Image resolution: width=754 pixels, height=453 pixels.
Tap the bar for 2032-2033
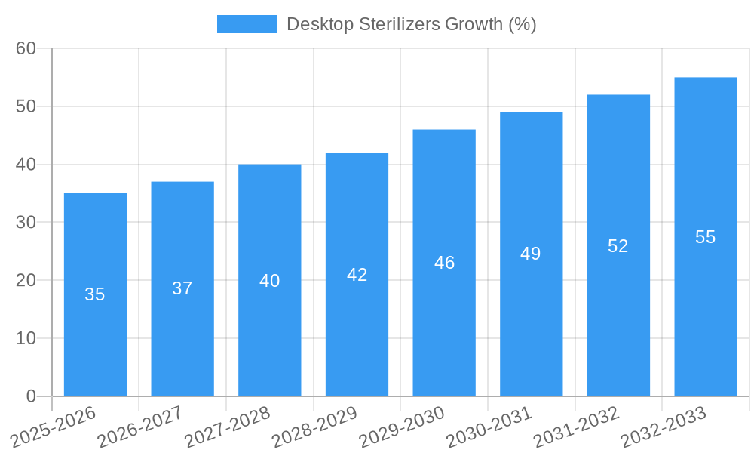[x=706, y=317]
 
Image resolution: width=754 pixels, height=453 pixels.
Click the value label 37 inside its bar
[x=182, y=288]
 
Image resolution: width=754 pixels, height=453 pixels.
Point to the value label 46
[x=444, y=263]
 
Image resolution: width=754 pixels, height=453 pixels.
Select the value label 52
[x=618, y=246]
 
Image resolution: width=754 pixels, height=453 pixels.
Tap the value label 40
[x=269, y=281]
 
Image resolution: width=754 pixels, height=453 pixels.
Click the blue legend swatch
[x=247, y=24]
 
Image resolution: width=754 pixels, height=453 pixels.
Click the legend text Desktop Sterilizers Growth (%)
[x=412, y=24]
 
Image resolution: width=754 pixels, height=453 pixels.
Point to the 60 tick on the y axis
[x=26, y=48]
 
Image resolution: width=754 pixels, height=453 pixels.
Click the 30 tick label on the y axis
[x=26, y=223]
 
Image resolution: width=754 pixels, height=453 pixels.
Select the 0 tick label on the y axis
[x=31, y=396]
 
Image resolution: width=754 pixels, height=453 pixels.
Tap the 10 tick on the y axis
[x=26, y=338]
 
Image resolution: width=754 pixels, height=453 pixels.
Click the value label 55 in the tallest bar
[x=706, y=237]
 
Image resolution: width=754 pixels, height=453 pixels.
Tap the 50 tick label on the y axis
[x=26, y=106]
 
